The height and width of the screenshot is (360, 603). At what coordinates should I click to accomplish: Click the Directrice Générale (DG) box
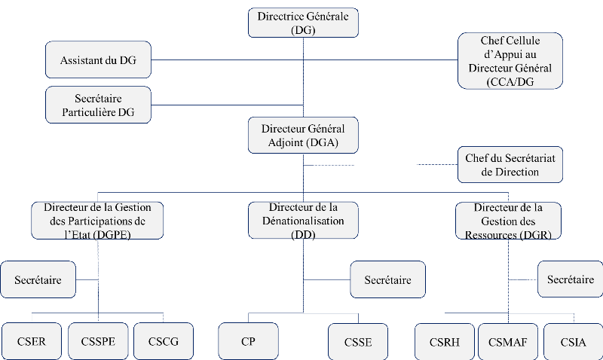[303, 22]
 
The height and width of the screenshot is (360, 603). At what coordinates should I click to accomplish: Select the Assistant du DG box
[98, 59]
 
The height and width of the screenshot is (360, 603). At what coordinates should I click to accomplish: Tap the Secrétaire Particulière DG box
[98, 105]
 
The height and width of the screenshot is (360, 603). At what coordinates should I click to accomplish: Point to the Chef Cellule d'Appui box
[510, 61]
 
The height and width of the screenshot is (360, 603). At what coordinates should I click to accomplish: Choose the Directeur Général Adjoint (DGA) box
[303, 136]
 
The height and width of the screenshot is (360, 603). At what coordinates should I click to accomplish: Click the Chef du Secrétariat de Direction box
[510, 165]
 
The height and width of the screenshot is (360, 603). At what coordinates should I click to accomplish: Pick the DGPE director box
[98, 220]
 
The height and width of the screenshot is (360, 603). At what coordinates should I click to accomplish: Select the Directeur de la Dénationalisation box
[303, 220]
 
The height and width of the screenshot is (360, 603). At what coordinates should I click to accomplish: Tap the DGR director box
[510, 220]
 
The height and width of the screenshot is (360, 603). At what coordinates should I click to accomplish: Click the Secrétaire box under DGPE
[38, 279]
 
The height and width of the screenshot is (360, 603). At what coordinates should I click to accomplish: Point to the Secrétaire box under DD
[387, 279]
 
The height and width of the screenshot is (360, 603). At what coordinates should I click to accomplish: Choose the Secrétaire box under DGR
[571, 279]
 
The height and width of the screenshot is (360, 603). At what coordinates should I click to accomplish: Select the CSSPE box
[97, 341]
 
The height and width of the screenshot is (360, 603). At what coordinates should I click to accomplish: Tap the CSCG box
[163, 341]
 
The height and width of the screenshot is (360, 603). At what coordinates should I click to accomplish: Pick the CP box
[248, 341]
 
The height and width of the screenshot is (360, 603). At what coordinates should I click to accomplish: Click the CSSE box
[358, 341]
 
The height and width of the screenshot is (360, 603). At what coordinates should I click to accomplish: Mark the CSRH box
[444, 341]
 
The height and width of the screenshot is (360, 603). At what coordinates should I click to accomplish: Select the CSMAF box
[507, 341]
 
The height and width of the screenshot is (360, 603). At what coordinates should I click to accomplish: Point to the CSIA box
[572, 341]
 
